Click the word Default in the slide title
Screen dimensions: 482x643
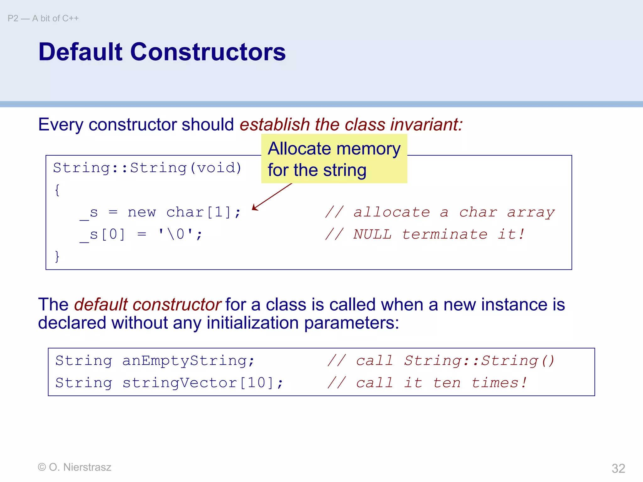point(80,52)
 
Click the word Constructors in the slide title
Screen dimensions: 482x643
point(208,52)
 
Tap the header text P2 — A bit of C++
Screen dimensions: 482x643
point(43,19)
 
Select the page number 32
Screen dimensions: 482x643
point(618,469)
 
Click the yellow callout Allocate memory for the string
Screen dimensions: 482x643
point(334,159)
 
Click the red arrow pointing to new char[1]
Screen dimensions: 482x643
point(272,197)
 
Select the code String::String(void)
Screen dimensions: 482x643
point(147,168)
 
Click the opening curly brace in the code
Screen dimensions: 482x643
point(57,190)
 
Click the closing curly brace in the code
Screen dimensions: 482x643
point(57,256)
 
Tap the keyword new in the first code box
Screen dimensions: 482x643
point(142,212)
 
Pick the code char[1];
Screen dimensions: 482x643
point(203,212)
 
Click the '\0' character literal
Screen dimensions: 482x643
point(176,234)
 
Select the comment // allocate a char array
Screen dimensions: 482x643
point(440,212)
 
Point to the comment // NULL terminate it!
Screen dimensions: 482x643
point(424,234)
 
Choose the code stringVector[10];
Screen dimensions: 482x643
point(203,383)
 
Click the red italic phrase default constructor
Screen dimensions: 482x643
point(148,305)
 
